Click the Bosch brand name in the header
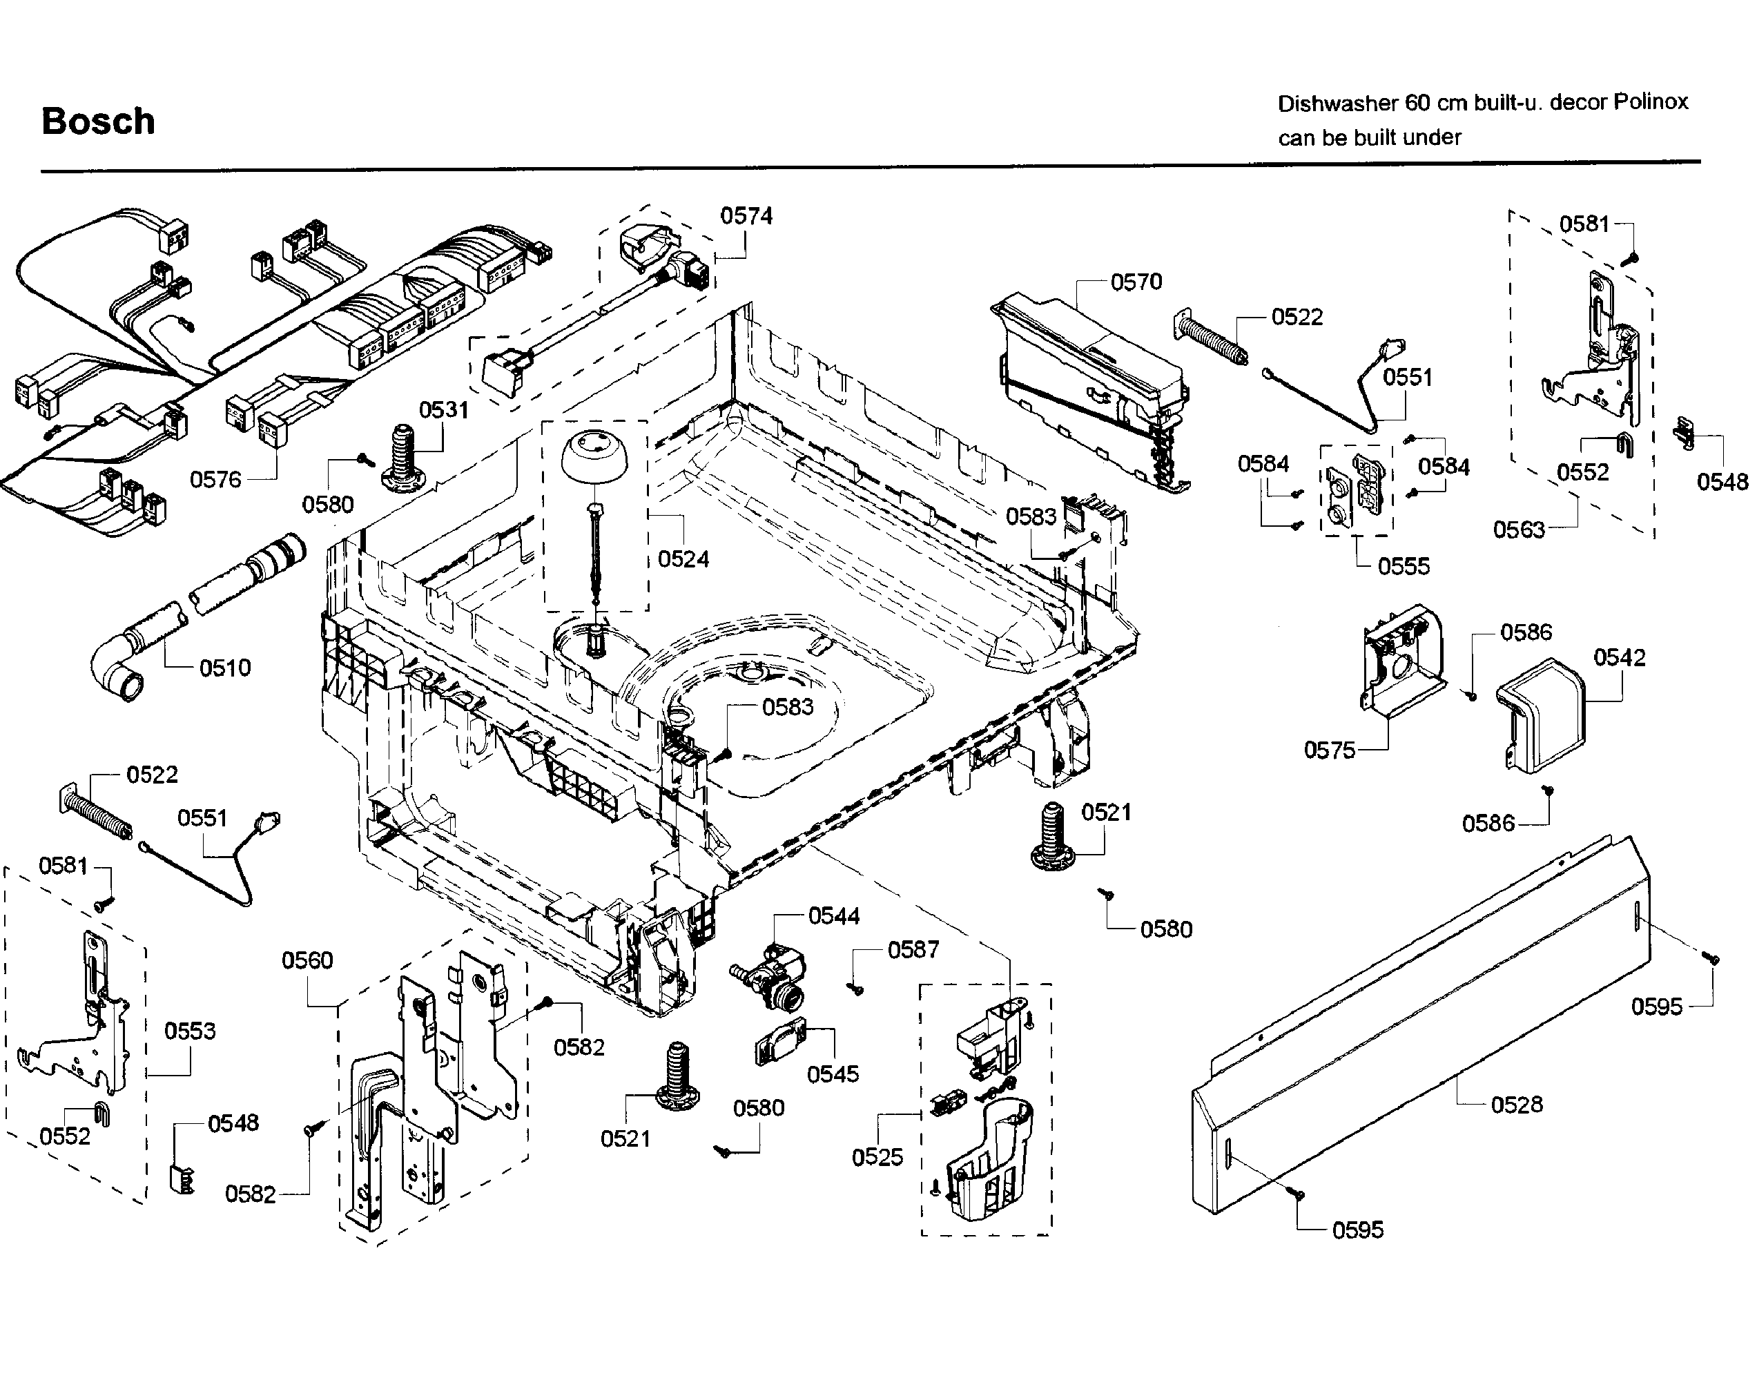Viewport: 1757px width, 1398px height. click(98, 122)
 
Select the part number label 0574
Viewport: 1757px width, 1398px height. click(746, 216)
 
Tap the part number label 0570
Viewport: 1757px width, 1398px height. click(1136, 282)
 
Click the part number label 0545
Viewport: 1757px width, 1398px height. click(832, 1074)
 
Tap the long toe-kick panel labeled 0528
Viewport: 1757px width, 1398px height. click(1418, 1027)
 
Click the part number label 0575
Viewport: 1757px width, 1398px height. click(1329, 750)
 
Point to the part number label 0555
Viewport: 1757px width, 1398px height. click(1404, 565)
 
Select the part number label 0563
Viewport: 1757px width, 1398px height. click(1518, 530)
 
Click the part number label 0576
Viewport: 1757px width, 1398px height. click(216, 479)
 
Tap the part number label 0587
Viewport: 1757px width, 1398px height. click(913, 950)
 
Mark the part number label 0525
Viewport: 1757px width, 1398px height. click(877, 1158)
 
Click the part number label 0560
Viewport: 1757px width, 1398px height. click(307, 960)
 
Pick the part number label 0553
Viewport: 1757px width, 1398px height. click(190, 1031)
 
